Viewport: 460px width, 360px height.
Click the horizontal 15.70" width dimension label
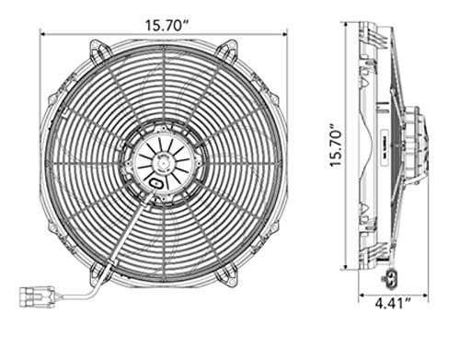pos(167,26)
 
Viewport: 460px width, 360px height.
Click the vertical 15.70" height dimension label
pos(335,145)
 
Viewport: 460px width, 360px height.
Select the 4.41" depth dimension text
pos(393,304)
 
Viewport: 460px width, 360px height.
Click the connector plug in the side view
pos(389,277)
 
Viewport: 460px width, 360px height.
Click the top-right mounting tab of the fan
pos(228,51)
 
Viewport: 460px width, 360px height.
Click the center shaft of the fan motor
pos(163,163)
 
